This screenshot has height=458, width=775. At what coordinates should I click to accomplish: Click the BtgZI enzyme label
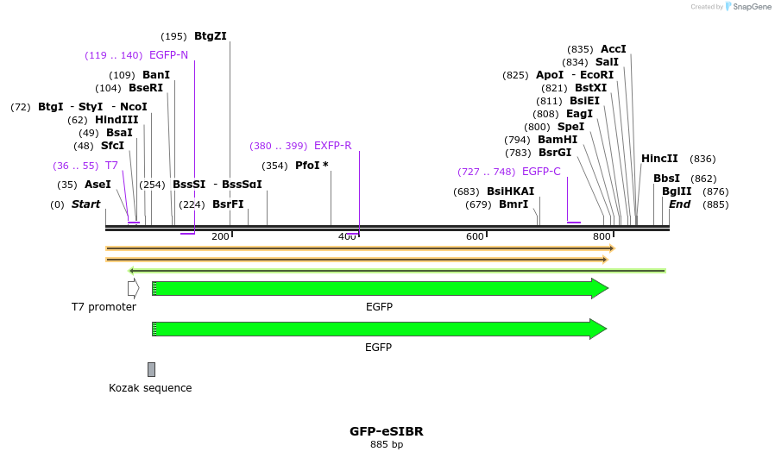210,36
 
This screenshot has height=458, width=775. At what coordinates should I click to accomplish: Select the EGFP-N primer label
168,55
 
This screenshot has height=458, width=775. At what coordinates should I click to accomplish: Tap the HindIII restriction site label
117,120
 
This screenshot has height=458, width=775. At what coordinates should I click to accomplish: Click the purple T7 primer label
111,166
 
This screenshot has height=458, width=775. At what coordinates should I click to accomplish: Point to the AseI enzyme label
98,185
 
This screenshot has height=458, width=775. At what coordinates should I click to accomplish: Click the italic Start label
85,204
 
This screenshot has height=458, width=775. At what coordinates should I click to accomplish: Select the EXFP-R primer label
332,146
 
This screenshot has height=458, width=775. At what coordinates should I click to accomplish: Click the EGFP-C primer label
541,172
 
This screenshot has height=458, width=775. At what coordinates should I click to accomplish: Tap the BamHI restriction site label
558,140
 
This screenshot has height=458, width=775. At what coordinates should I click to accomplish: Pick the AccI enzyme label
613,49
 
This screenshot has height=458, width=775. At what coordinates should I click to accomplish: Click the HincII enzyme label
659,159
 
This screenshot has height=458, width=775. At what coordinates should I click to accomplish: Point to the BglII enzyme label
677,191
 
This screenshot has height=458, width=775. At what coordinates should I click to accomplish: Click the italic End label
679,204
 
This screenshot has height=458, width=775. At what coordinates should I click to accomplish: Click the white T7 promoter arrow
133,289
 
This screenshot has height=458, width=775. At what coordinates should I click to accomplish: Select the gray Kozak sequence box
151,369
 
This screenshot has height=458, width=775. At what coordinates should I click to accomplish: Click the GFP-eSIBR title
386,431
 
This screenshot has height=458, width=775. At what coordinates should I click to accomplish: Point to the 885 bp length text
386,445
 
